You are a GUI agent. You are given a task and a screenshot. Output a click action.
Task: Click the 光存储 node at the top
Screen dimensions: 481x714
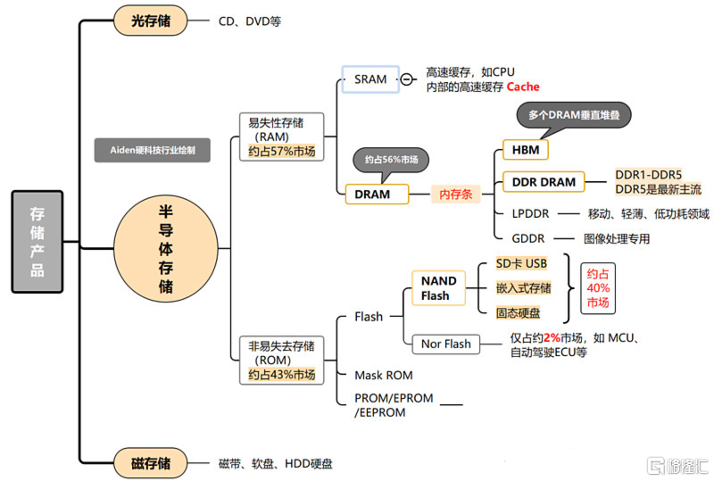[x=151, y=20]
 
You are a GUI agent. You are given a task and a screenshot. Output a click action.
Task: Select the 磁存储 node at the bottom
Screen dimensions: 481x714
[x=151, y=463]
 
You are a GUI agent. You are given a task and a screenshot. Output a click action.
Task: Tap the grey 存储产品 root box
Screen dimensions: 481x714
[x=37, y=241]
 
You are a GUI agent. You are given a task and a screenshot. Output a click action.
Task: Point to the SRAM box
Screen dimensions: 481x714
[x=370, y=79]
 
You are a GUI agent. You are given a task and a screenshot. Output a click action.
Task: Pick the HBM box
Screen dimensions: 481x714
[x=526, y=149]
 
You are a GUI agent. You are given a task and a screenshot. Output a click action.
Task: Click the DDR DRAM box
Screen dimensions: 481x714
[x=544, y=182]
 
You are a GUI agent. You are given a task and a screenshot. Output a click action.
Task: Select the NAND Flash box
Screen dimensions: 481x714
[x=439, y=287]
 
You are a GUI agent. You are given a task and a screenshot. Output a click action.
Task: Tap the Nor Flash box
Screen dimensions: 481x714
[x=444, y=344]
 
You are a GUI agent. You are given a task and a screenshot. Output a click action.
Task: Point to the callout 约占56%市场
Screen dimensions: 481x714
[x=391, y=159]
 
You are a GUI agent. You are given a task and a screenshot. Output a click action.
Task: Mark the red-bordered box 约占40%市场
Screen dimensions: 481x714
[x=598, y=289]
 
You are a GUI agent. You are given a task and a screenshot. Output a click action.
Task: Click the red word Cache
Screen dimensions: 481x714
[x=523, y=87]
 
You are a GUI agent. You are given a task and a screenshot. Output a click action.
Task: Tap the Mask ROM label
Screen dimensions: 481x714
[x=384, y=376]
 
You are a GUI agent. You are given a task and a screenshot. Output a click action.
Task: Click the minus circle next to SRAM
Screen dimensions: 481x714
[x=407, y=79]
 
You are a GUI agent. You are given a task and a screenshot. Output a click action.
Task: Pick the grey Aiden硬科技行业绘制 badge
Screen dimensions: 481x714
[x=153, y=150]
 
